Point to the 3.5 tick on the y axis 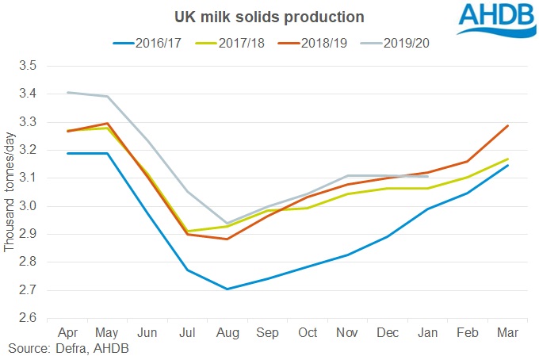point(29,66)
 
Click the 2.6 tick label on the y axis point(29,318)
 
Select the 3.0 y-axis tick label point(29,206)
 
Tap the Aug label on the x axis point(227,333)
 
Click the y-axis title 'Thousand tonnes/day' point(10,192)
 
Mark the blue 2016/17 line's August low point point(227,289)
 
